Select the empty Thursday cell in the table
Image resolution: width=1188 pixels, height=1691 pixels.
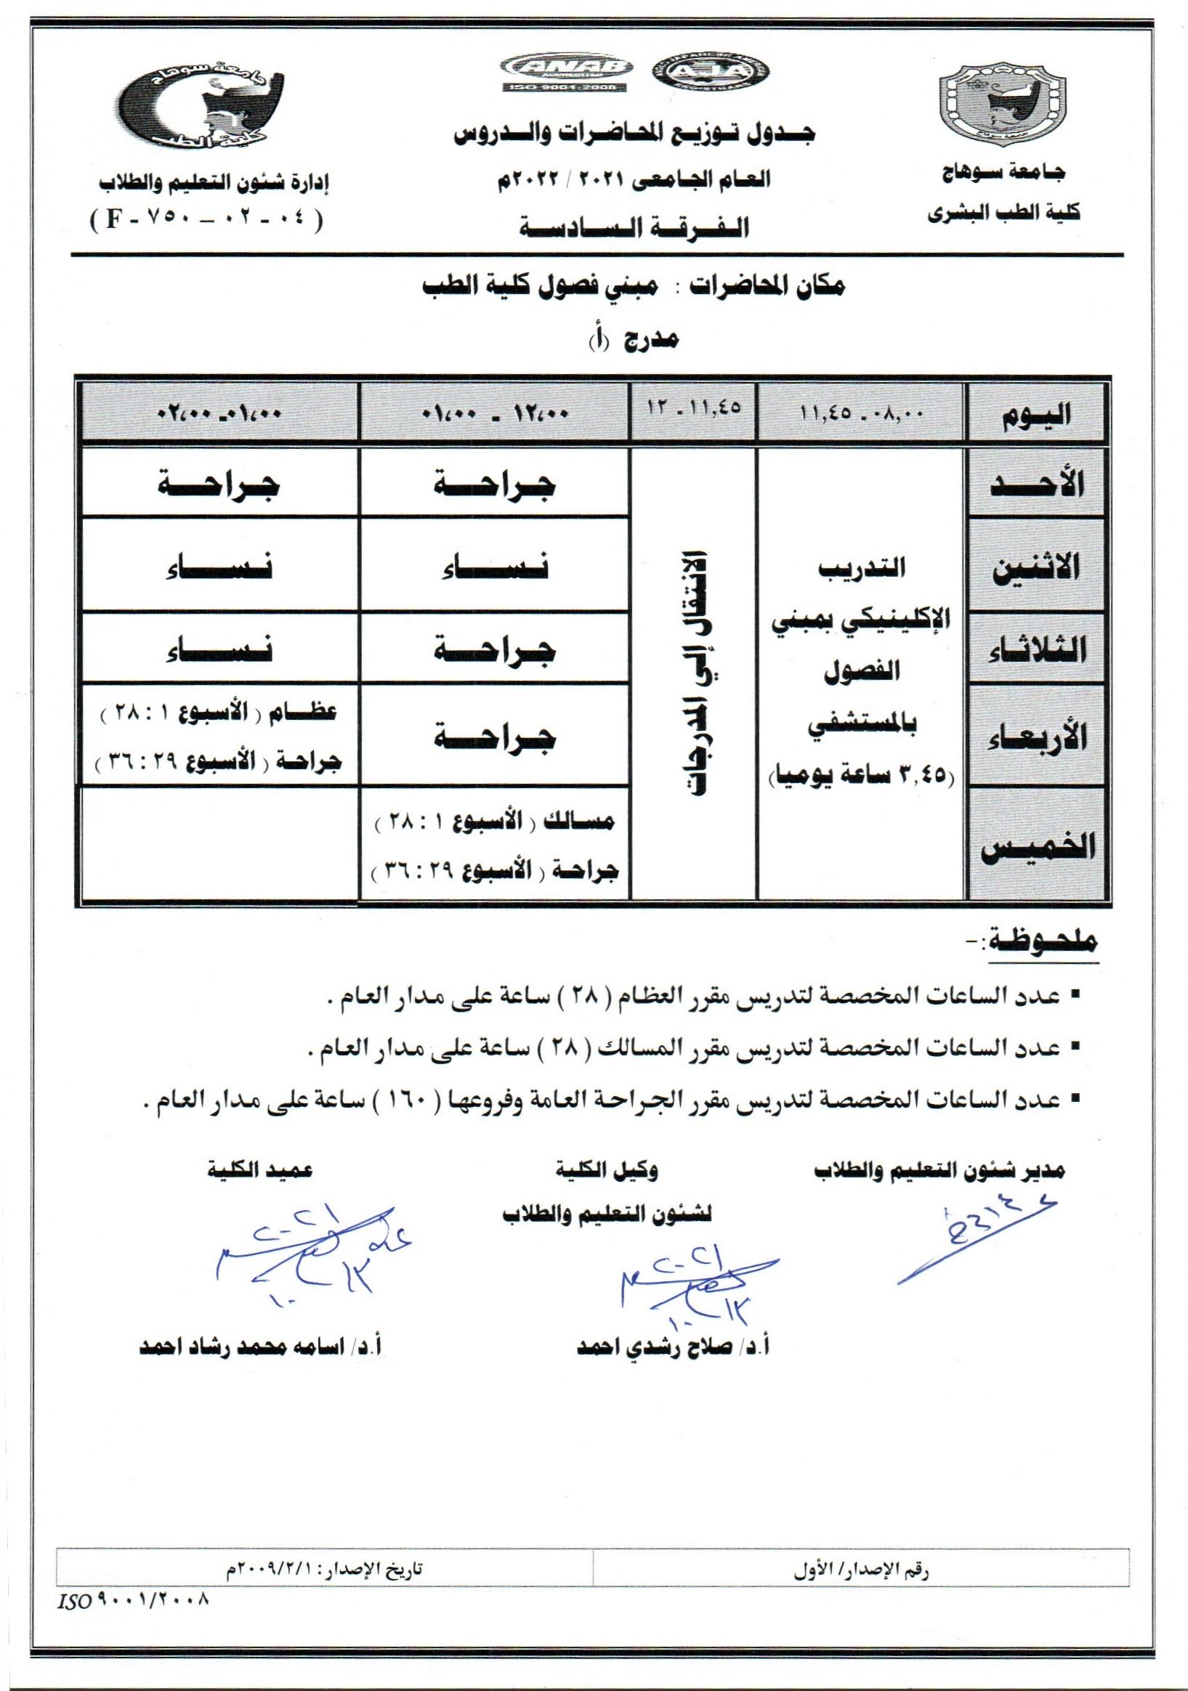[220, 843]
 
